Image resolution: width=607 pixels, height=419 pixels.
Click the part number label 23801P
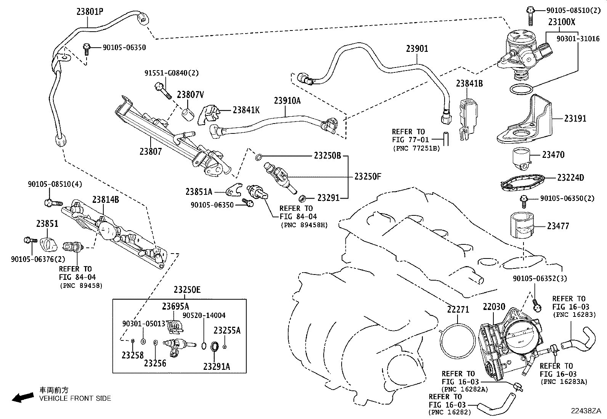click(x=90, y=11)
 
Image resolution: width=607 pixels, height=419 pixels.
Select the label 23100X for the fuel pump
click(x=562, y=22)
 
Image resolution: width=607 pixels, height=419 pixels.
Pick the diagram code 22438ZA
click(x=586, y=411)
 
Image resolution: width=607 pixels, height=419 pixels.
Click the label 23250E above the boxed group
click(x=187, y=290)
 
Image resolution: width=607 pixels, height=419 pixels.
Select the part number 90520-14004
click(x=204, y=315)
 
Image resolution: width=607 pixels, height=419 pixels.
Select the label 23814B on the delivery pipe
click(x=105, y=199)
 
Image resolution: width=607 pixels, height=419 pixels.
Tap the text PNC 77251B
click(x=416, y=148)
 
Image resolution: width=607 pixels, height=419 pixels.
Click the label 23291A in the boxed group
click(x=217, y=366)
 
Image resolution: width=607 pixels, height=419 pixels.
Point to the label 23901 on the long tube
click(x=417, y=49)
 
